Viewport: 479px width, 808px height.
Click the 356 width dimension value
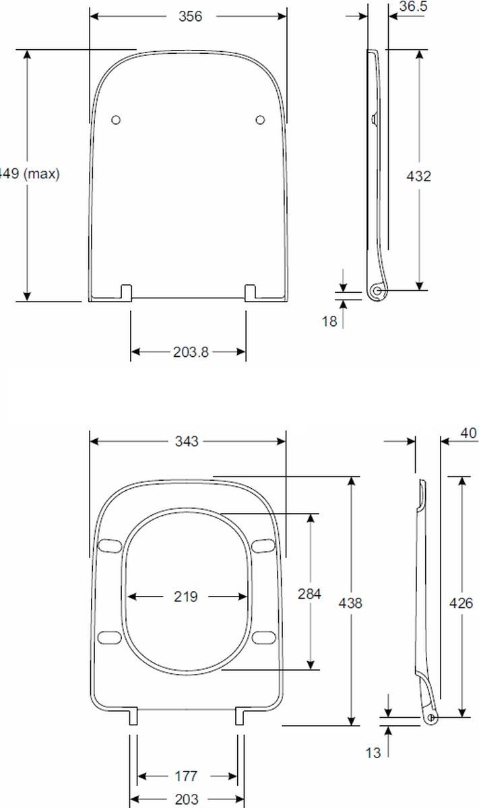point(191,17)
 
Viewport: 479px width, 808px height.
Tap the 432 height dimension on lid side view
point(418,176)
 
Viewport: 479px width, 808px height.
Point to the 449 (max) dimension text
point(30,174)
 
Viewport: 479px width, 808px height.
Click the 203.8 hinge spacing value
point(188,352)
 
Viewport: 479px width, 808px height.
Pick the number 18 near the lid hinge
point(329,321)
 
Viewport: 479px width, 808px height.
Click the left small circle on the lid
point(116,120)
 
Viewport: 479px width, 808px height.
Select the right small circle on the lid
point(260,120)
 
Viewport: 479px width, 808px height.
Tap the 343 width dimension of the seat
point(187,441)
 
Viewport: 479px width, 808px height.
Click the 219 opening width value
point(186,597)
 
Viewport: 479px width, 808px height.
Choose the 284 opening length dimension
point(310,594)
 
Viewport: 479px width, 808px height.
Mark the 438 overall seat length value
point(350,603)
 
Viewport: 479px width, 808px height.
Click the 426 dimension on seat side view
point(461,603)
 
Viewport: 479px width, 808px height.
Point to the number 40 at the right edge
point(468,433)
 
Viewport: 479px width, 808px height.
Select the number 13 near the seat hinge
point(373,752)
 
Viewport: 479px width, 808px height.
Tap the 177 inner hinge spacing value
point(186,776)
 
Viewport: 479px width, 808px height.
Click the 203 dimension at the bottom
point(186,799)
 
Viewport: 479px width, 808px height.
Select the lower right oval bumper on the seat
point(265,636)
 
